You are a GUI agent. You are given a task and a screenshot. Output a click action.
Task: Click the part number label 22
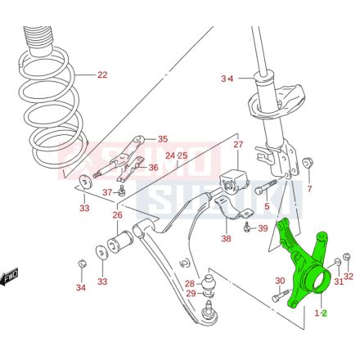coord(101,75)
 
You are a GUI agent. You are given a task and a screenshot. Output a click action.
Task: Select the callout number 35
coord(162,139)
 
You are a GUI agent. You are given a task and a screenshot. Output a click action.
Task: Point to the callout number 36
coord(153,168)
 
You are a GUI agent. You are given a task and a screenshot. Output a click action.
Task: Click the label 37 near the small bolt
coord(107,192)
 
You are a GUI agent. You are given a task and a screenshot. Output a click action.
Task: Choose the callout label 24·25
coord(176,155)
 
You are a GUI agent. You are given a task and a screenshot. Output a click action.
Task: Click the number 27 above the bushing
coord(238,146)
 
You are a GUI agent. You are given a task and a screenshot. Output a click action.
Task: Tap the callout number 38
coord(226,239)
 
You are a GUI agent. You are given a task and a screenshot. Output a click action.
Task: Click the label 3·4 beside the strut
coord(227,79)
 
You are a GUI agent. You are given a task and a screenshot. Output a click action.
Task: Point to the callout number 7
coord(309,190)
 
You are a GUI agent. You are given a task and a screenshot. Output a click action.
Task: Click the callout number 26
coord(117,216)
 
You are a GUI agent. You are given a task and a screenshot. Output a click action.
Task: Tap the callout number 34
coord(80,287)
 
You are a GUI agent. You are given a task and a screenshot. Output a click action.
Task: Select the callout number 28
coord(189,283)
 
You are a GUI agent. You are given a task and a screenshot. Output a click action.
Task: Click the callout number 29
coord(189,294)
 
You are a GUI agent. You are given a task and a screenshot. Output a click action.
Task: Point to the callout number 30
coord(279,281)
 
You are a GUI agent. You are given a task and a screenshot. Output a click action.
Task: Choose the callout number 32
coord(348,276)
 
